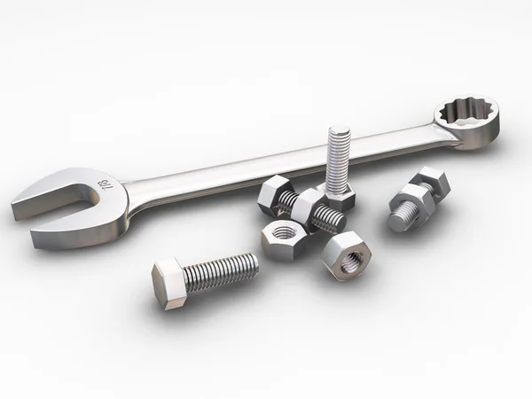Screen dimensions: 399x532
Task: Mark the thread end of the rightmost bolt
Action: (x=395, y=217)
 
